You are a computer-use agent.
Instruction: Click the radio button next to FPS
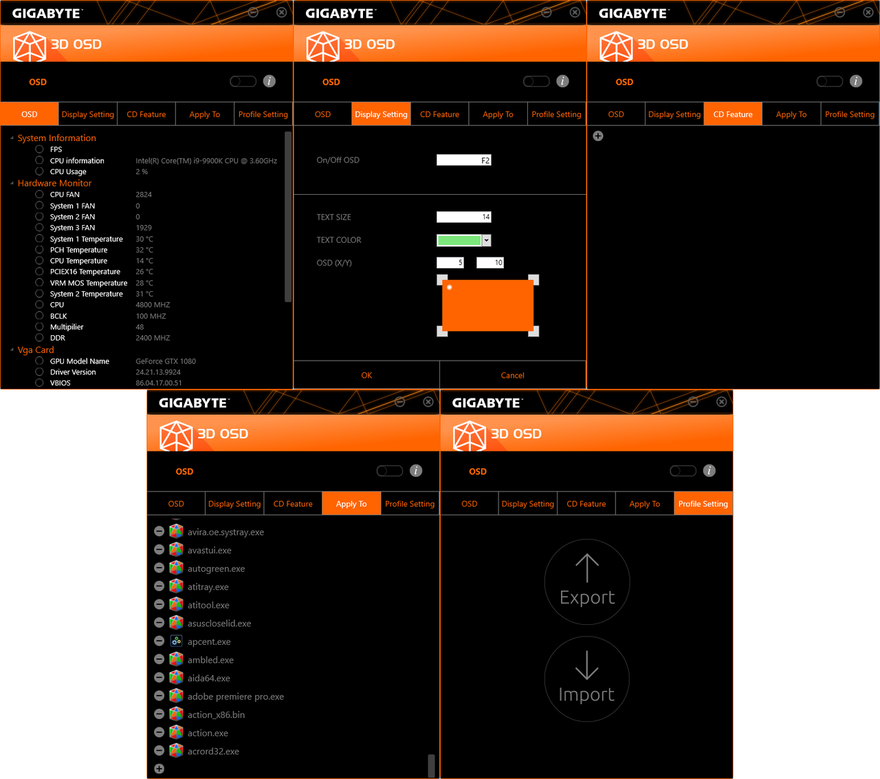(x=39, y=149)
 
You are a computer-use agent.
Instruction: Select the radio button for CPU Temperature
(x=39, y=260)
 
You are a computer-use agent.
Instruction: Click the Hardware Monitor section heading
(x=54, y=183)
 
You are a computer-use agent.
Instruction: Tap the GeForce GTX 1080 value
(x=166, y=361)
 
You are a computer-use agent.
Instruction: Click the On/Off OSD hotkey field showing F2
(x=464, y=160)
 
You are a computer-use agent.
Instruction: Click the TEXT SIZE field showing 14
(x=464, y=217)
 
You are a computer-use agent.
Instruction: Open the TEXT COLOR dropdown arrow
(x=487, y=240)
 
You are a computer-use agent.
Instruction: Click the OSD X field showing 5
(x=450, y=263)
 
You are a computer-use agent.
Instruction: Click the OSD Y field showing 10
(x=490, y=263)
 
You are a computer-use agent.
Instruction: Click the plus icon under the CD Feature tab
(x=598, y=136)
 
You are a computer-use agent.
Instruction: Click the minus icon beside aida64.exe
(x=159, y=678)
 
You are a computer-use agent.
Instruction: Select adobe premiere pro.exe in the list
(x=235, y=696)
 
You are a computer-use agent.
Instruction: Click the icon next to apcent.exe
(x=176, y=641)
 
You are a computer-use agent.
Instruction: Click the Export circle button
(x=587, y=582)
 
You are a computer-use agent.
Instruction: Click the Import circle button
(x=587, y=679)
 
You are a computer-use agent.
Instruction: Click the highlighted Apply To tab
(x=351, y=504)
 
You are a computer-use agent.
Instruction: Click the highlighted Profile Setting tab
(x=703, y=504)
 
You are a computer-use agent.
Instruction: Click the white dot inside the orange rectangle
(x=450, y=288)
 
